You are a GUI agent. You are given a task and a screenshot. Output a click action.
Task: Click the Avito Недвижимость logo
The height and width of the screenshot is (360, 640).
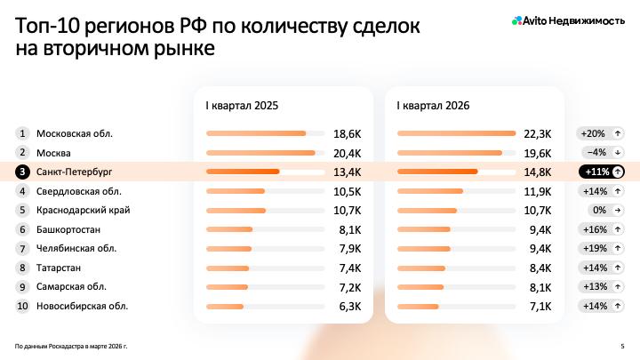click(x=568, y=20)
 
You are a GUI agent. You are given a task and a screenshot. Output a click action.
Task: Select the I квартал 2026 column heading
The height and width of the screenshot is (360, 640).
click(x=433, y=105)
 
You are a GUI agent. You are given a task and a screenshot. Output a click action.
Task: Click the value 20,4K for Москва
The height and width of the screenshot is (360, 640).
click(x=348, y=153)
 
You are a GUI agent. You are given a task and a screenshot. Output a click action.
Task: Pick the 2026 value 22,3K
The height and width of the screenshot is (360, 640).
click(x=539, y=133)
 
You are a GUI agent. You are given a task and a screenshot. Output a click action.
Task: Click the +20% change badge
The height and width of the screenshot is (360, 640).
click(x=602, y=133)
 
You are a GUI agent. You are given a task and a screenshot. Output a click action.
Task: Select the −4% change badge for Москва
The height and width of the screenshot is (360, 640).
click(x=602, y=153)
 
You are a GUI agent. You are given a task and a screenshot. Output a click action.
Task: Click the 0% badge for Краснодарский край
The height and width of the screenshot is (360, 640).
click(x=602, y=211)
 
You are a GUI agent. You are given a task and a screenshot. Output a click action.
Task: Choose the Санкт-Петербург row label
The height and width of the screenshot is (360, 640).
click(x=75, y=172)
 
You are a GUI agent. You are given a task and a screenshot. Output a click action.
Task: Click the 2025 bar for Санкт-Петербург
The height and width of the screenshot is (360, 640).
click(x=243, y=172)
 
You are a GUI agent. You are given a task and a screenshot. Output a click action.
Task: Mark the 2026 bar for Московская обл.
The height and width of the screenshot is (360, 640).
click(x=456, y=133)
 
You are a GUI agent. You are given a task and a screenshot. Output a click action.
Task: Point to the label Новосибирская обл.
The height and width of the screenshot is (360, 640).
click(x=82, y=306)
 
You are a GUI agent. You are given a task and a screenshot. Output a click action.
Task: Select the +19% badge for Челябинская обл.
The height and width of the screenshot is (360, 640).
click(x=602, y=249)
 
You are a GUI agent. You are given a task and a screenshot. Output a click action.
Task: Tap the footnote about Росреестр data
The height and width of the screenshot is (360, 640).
click(x=71, y=345)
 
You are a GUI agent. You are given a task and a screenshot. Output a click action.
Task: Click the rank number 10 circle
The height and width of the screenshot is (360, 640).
click(x=22, y=306)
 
